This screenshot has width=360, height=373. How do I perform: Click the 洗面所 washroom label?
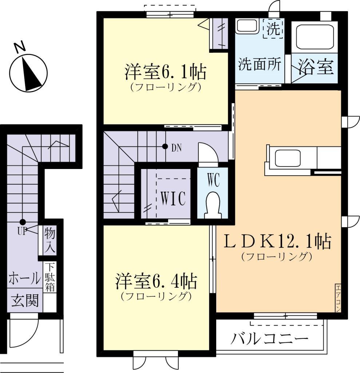(x=260, y=64)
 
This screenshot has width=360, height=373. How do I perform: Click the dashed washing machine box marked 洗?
(x=272, y=28)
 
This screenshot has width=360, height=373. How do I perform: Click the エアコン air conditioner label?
(x=337, y=298)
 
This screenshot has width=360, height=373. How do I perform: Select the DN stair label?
(x=176, y=148)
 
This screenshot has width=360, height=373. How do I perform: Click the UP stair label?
(x=22, y=231)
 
